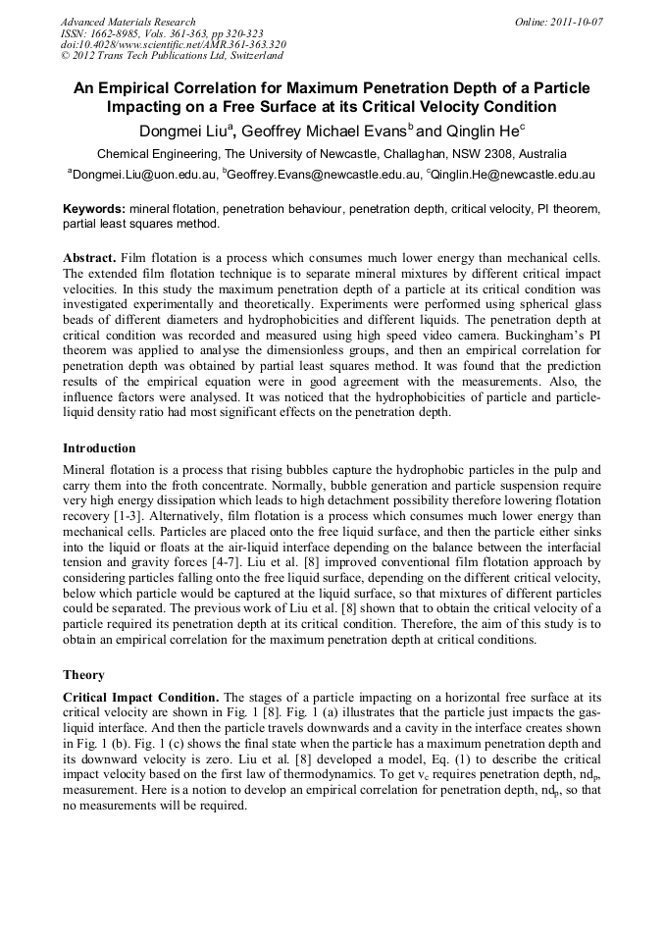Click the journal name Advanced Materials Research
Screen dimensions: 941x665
pos(128,22)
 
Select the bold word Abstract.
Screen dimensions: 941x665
pos(90,257)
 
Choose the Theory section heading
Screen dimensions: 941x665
pos(83,675)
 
